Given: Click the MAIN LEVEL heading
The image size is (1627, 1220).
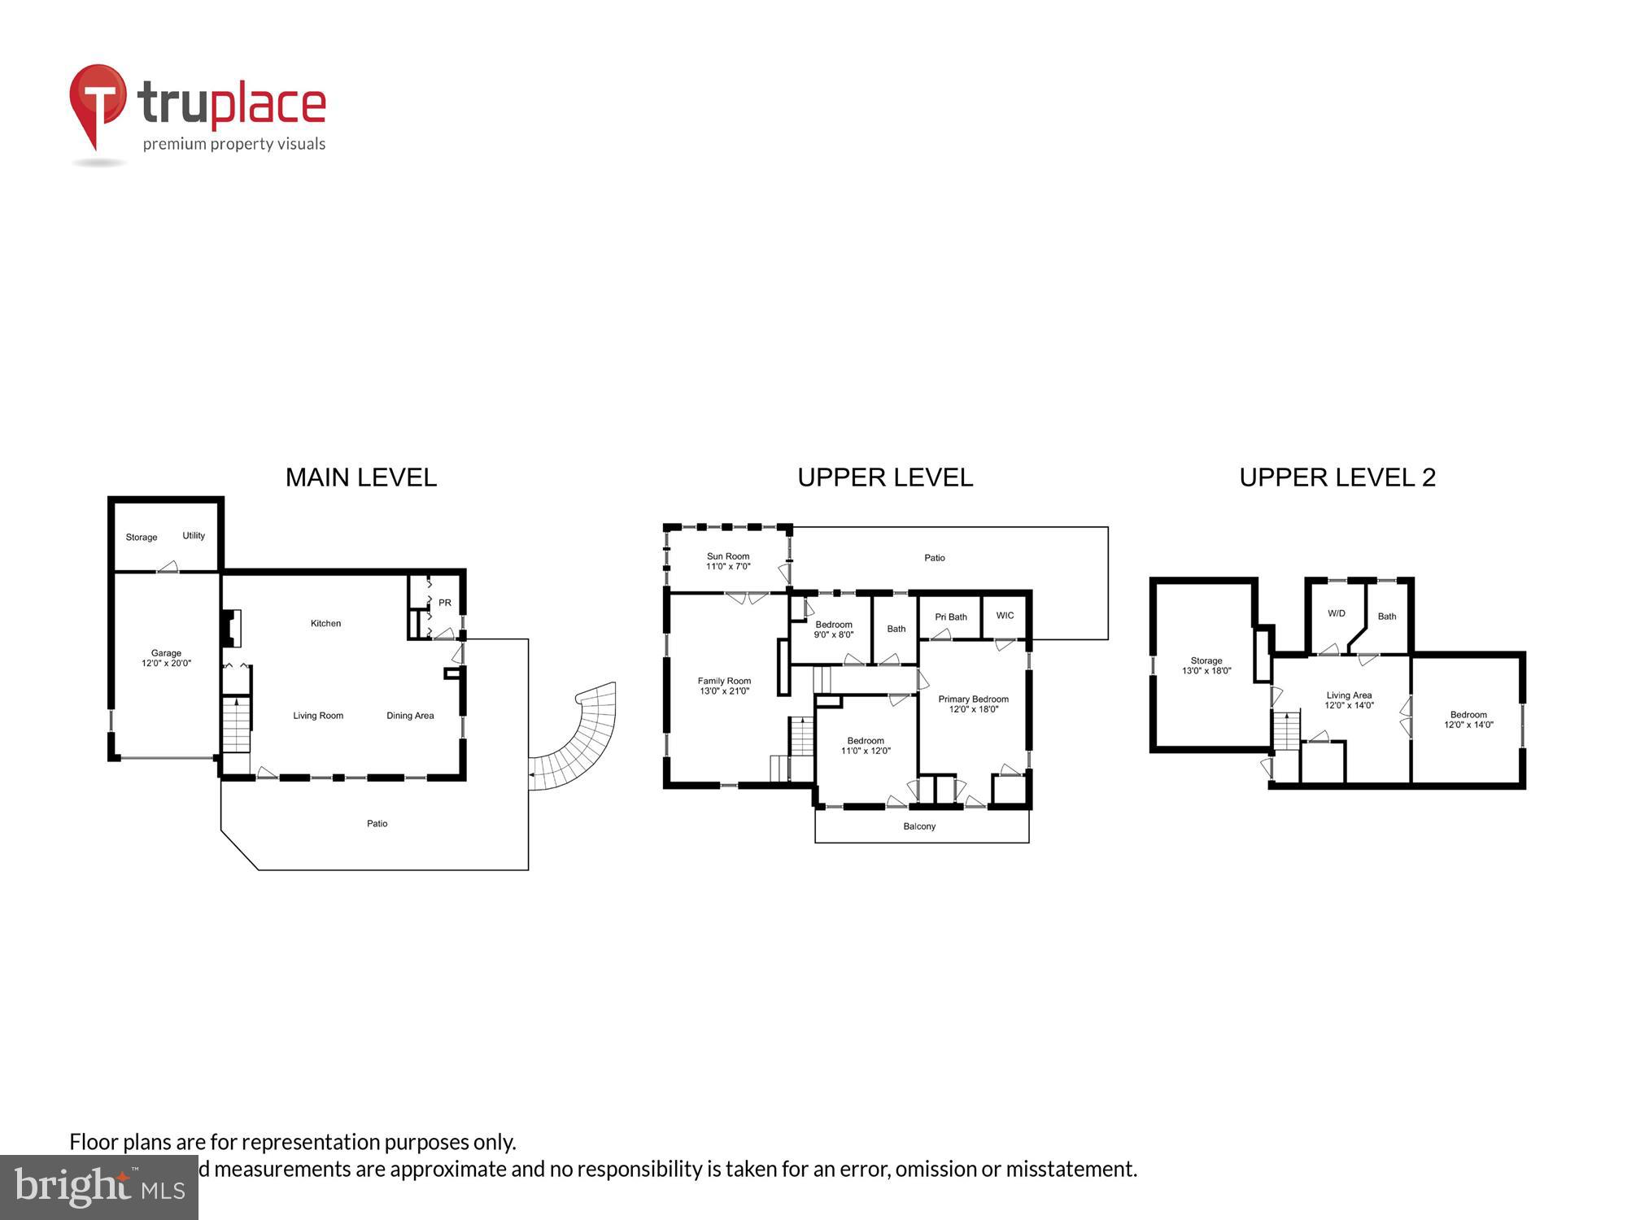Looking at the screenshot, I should click(x=361, y=477).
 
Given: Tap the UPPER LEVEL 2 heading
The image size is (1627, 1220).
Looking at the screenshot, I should click(x=1337, y=477).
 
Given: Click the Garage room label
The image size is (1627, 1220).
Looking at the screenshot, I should click(x=166, y=658).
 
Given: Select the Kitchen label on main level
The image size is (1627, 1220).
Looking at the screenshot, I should click(x=325, y=624).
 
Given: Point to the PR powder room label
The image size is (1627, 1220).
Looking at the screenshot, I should click(x=445, y=603).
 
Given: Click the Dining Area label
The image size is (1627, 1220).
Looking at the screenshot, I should click(x=410, y=716).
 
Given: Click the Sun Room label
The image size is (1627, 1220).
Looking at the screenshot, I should click(x=728, y=561).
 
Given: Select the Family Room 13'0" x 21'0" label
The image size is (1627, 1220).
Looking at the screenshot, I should click(x=724, y=686).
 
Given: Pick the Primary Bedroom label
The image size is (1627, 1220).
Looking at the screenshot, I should click(x=973, y=704).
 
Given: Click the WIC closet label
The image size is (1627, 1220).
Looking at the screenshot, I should click(x=1005, y=616).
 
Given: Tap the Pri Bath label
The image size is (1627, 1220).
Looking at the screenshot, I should click(x=951, y=617).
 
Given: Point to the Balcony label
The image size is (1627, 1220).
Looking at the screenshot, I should click(x=919, y=826).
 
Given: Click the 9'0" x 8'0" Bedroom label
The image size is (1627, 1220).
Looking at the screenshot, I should click(x=834, y=630).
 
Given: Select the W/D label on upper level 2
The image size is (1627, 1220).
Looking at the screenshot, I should click(x=1337, y=613).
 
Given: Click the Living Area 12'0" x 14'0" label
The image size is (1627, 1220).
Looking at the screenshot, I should click(x=1349, y=700).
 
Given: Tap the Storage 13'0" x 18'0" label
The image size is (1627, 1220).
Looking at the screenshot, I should click(x=1206, y=666).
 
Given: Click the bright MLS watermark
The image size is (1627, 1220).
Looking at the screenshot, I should click(x=99, y=1187).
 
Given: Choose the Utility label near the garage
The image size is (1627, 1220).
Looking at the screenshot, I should click(x=194, y=535).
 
